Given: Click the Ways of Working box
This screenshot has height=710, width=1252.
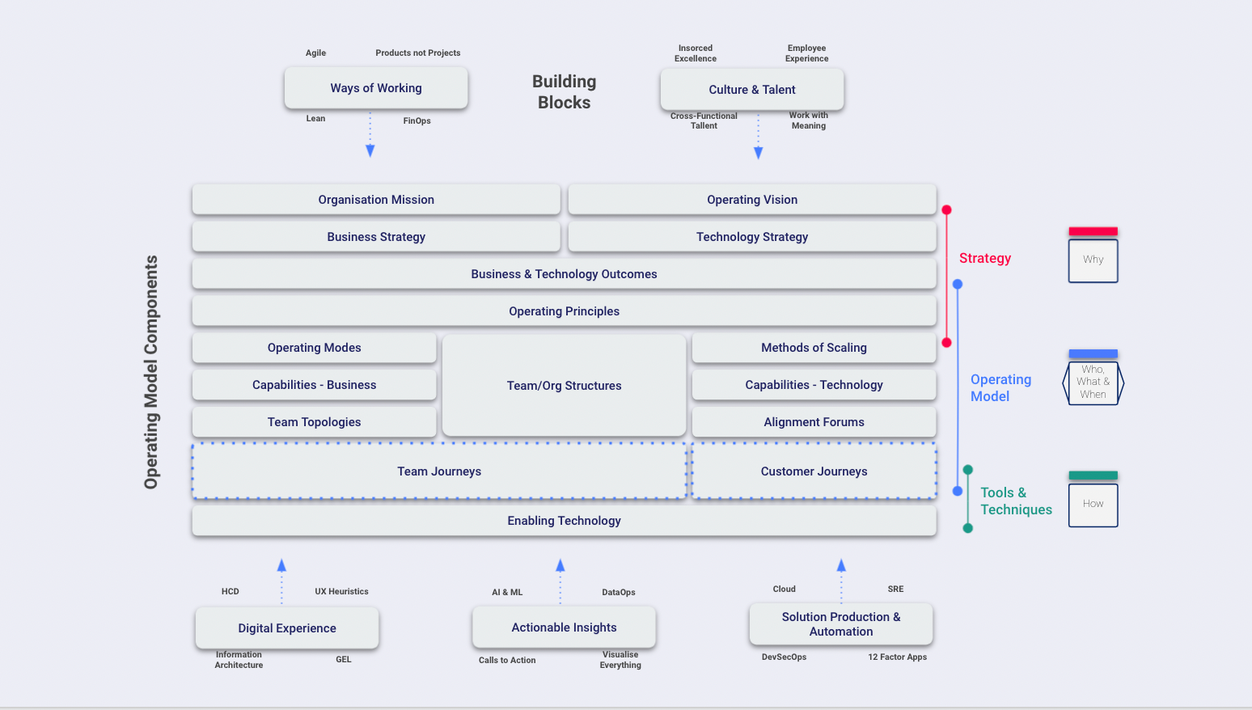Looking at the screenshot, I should click(x=376, y=88).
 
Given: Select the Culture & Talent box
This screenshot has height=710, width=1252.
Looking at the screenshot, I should click(x=752, y=90).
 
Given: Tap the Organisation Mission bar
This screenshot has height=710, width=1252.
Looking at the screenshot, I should click(x=376, y=200).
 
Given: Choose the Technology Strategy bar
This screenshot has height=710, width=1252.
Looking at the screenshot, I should click(x=752, y=237).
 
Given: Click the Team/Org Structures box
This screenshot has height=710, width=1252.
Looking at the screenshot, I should click(x=564, y=386).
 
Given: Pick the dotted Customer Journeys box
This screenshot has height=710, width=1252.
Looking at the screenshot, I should click(x=814, y=471).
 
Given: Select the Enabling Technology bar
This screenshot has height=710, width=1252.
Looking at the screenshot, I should click(x=564, y=521).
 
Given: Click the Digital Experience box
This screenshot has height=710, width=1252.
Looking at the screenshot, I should click(x=287, y=628).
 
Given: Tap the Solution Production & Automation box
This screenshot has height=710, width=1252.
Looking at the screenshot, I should click(x=841, y=624).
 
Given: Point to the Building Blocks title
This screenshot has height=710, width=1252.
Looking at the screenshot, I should click(x=564, y=92).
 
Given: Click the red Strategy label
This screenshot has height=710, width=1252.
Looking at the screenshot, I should click(x=985, y=258).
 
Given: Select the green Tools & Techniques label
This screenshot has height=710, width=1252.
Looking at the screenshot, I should click(x=1016, y=501).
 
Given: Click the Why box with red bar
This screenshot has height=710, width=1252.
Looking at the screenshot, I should click(x=1093, y=260).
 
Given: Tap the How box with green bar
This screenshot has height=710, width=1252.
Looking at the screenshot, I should click(x=1093, y=504).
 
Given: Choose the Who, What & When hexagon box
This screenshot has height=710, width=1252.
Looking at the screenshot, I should click(x=1093, y=382).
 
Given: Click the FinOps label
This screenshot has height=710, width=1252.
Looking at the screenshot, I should click(x=417, y=121).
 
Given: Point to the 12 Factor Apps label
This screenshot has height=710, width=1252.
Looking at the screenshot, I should click(x=897, y=657).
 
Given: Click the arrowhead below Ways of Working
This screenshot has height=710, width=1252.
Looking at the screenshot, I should click(x=370, y=150).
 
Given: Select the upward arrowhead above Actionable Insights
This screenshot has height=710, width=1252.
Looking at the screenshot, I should click(x=560, y=565).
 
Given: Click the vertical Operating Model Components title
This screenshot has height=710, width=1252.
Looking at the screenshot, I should click(x=151, y=372).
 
